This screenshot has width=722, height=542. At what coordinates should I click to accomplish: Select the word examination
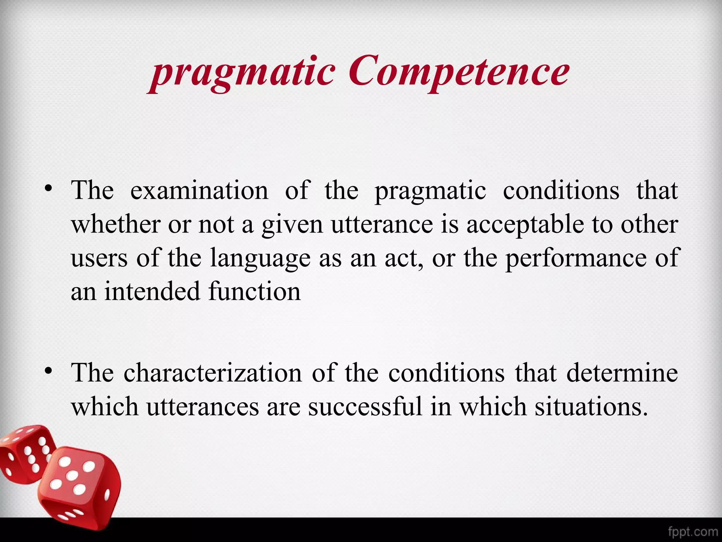click(199, 191)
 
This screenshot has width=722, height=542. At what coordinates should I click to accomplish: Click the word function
click(254, 292)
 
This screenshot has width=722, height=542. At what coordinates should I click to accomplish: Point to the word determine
click(622, 373)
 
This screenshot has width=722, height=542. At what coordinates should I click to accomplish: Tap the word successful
click(365, 407)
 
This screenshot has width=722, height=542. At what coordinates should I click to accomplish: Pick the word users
click(99, 258)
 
